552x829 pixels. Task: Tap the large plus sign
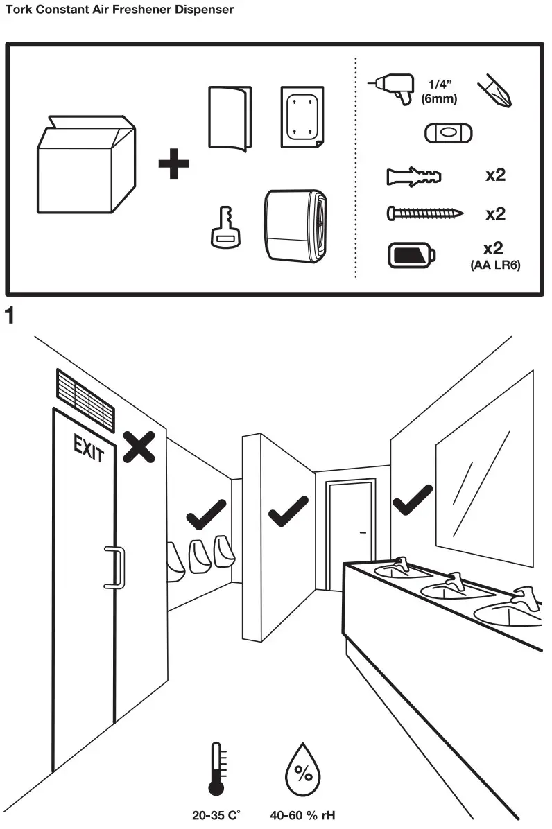[173, 166]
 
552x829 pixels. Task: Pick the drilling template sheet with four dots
[301, 116]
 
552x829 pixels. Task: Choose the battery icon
[411, 254]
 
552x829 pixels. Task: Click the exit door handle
[114, 567]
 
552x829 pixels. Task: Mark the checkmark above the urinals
[206, 514]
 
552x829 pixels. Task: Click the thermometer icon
[216, 769]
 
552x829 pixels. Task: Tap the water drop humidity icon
[303, 771]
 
